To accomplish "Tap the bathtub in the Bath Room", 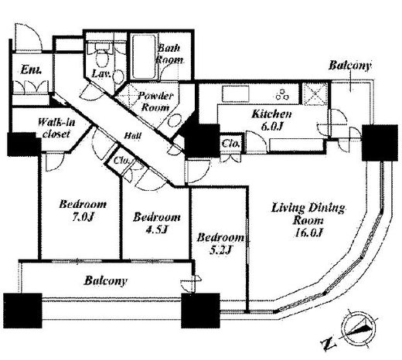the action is click(x=144, y=56).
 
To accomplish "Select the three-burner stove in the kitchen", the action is click(x=282, y=94).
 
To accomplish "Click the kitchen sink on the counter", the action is click(x=236, y=94).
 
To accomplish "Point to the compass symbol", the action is click(x=358, y=328).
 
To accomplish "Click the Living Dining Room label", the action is click(x=308, y=220).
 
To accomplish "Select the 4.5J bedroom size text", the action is click(x=157, y=229).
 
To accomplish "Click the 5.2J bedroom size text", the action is click(x=220, y=250).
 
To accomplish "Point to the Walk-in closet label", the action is click(x=56, y=127).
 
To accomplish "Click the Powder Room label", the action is click(x=155, y=102).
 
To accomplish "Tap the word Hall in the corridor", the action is click(x=132, y=135).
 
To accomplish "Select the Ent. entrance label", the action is click(x=31, y=70).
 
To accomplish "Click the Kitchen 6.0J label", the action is click(x=271, y=120).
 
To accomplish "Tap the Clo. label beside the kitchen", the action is click(x=230, y=144).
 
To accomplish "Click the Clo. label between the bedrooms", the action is click(x=121, y=161).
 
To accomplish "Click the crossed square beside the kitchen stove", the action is click(x=314, y=93).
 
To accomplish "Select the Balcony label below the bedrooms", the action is click(x=106, y=280).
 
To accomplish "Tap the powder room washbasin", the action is click(x=175, y=121).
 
